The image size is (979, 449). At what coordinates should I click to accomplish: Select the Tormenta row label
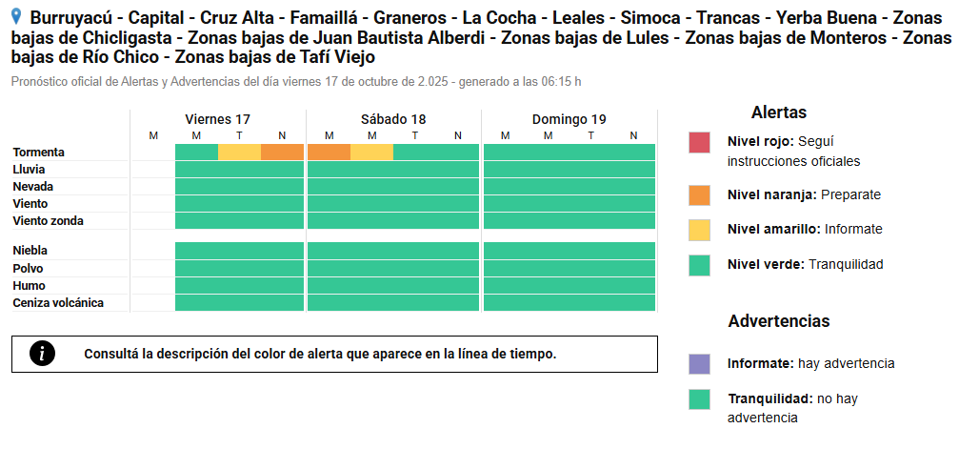tap(39, 153)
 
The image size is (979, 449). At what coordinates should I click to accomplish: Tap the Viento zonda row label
tap(49, 221)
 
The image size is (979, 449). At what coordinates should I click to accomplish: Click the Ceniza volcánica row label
tap(58, 303)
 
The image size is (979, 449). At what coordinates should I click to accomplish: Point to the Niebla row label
tap(32, 251)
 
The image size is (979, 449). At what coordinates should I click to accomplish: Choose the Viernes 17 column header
tap(217, 119)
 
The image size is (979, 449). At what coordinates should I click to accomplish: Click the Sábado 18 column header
tap(393, 119)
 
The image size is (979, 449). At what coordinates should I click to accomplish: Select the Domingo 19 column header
tap(569, 119)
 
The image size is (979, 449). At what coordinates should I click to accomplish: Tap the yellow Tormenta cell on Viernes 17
tap(239, 153)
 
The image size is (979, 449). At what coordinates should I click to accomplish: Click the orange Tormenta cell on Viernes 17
tap(282, 153)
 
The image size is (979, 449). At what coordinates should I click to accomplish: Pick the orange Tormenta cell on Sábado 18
tap(329, 153)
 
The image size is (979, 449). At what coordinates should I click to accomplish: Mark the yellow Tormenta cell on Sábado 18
tap(371, 153)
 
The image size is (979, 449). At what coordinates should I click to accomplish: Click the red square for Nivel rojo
tap(699, 143)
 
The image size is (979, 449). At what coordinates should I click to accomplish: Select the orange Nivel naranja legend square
tap(699, 195)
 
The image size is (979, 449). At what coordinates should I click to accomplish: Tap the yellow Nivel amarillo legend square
tap(699, 230)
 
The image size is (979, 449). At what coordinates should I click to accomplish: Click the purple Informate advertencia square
tap(699, 364)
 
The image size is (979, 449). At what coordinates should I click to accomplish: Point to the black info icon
tap(42, 354)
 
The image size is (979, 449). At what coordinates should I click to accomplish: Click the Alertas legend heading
tap(778, 112)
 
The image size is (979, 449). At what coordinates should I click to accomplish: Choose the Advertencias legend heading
tap(778, 321)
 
